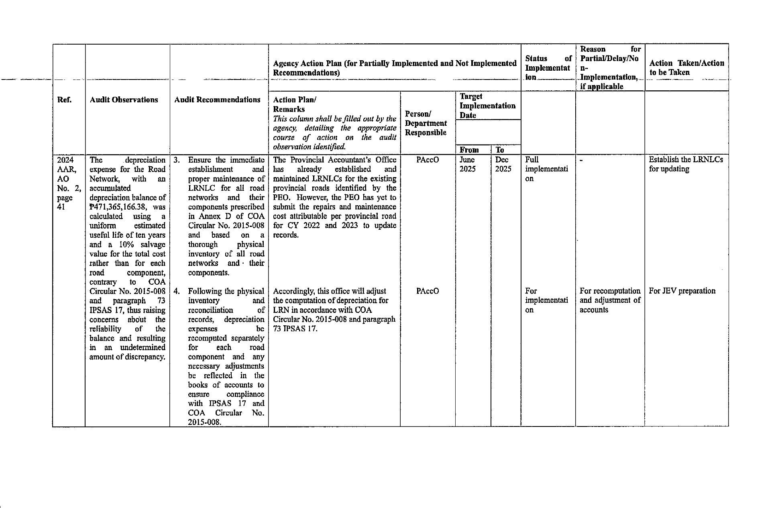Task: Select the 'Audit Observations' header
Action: tap(124, 100)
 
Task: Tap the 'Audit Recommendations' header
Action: tap(217, 100)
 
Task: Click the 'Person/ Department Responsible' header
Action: tap(426, 123)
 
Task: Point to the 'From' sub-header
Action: tap(469, 150)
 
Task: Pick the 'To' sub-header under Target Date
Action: tap(499, 150)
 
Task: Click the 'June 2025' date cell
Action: tap(467, 165)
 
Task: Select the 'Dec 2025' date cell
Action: tap(503, 165)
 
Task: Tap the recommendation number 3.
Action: tap(176, 160)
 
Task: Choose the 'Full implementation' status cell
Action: tap(546, 169)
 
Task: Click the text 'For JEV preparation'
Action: tap(682, 291)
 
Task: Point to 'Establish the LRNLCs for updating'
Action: tap(686, 164)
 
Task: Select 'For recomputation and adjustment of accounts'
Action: tap(610, 300)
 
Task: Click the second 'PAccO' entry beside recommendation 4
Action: tap(428, 291)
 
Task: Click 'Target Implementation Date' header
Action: tap(487, 106)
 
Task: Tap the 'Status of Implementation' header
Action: tap(548, 67)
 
